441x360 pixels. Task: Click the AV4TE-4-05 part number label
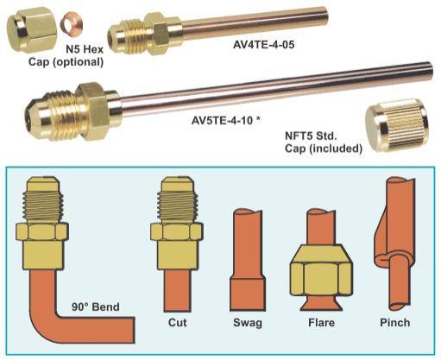tap(263, 45)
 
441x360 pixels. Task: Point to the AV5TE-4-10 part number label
tap(223, 120)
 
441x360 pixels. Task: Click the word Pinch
tap(395, 322)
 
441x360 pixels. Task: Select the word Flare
tap(321, 322)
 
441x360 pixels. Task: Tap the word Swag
tap(248, 323)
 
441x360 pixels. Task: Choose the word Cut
tap(178, 322)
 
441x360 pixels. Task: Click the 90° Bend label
tap(96, 306)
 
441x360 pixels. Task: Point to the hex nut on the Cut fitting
tap(176, 232)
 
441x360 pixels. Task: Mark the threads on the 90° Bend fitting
tap(43, 206)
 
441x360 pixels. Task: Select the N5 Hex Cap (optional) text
tap(66, 55)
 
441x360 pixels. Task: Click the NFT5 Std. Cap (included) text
tap(324, 142)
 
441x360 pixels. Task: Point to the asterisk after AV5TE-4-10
tap(258, 119)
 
